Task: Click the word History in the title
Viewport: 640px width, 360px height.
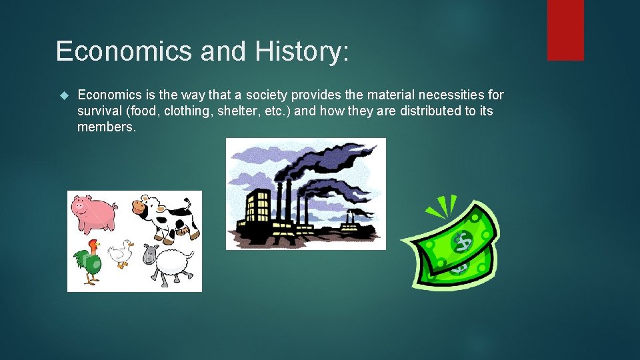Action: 304,51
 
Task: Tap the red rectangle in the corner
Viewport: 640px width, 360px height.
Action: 565,30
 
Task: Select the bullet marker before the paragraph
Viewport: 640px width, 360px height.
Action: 64,95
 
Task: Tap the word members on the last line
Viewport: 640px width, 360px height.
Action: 107,126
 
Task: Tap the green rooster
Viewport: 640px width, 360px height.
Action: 88,263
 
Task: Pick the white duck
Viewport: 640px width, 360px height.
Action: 120,254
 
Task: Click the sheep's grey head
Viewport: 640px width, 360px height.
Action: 151,254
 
